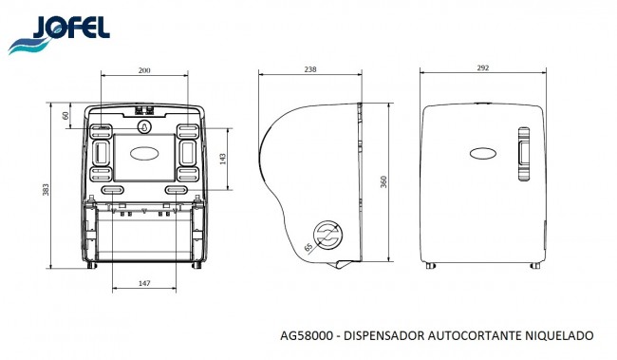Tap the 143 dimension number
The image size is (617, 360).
223,161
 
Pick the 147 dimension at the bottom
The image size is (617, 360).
144,284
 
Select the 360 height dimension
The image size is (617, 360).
383,182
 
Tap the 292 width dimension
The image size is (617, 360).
484,68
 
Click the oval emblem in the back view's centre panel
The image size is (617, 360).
144,152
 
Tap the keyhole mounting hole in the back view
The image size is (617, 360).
144,123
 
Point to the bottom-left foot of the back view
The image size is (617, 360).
89,266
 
